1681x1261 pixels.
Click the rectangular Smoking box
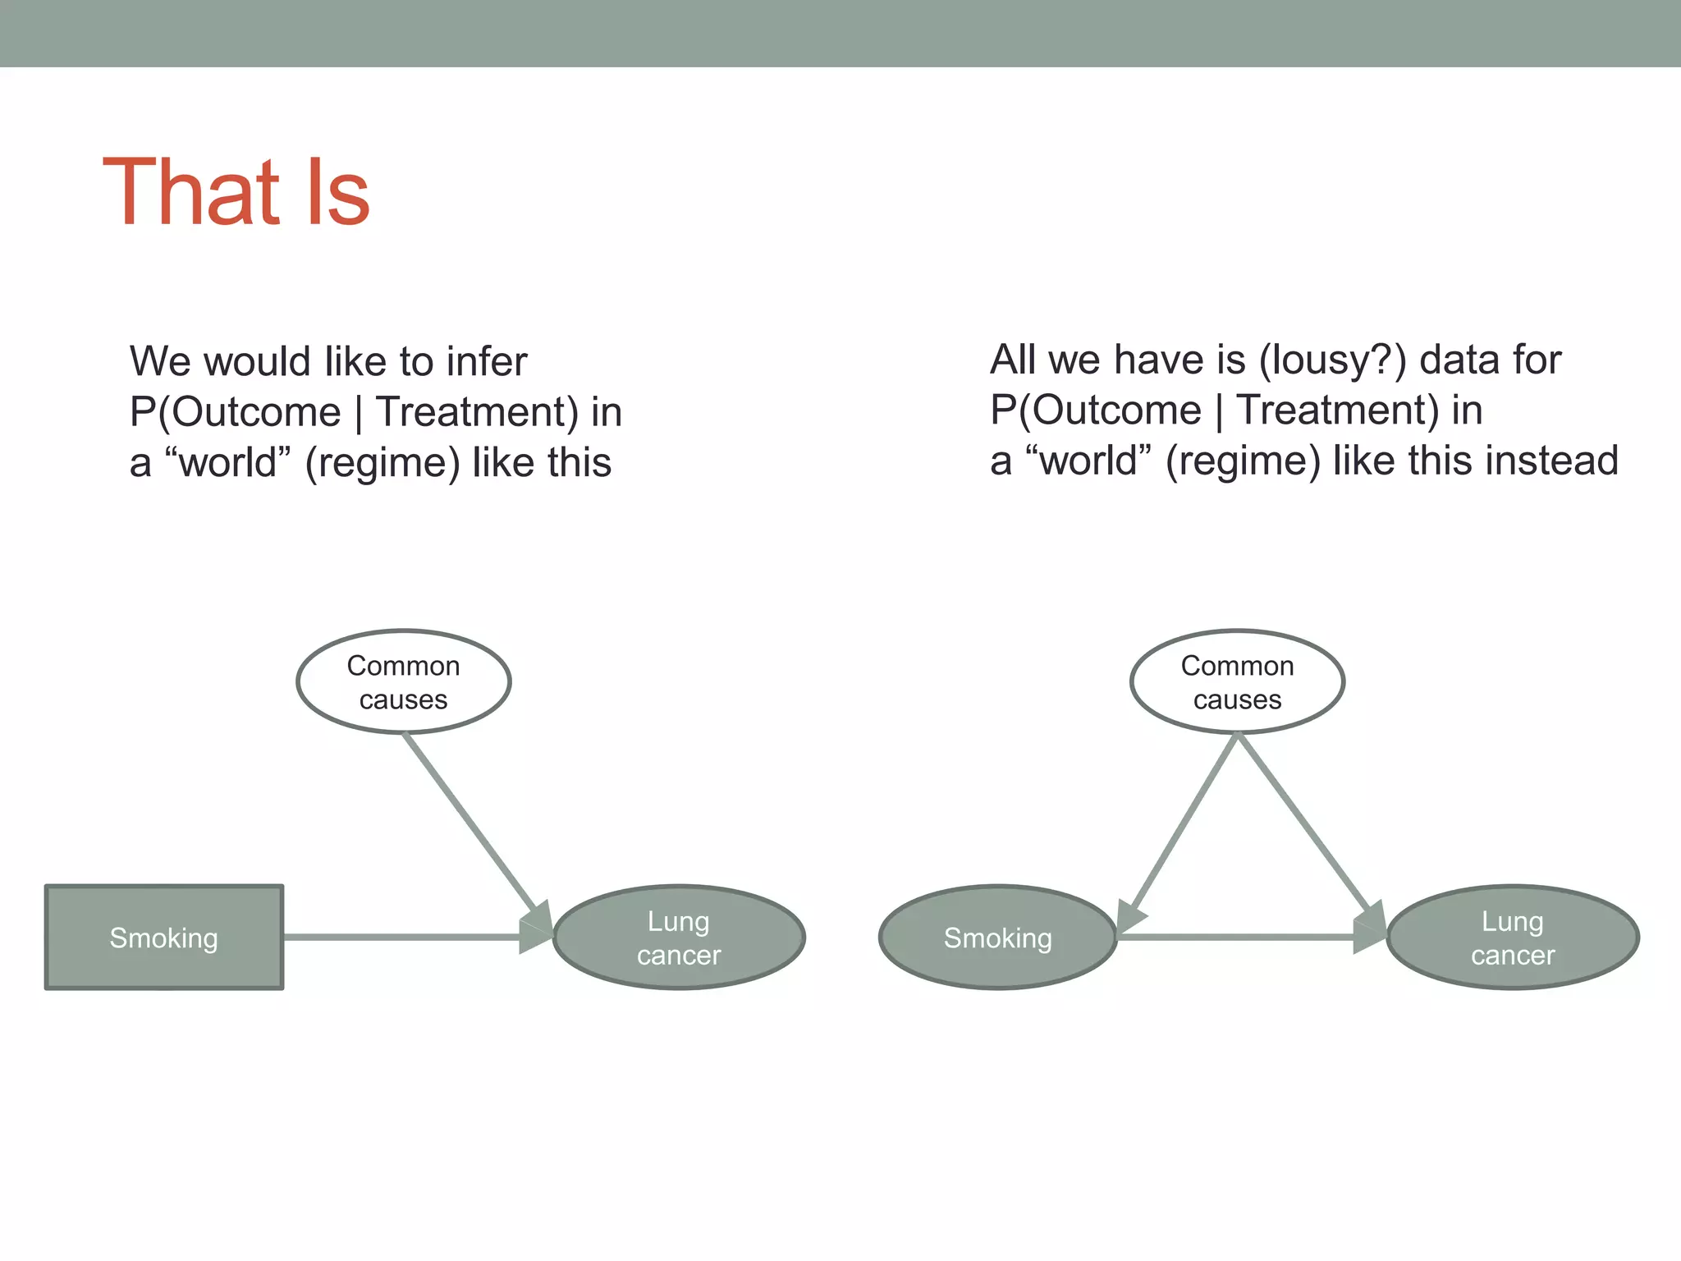click(x=164, y=938)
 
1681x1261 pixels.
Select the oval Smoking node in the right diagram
click(x=997, y=938)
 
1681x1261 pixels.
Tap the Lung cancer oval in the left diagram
click(x=679, y=938)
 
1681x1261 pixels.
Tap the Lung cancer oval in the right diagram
click(x=1513, y=938)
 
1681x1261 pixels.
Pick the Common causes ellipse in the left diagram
click(x=403, y=681)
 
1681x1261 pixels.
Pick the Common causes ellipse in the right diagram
click(x=1237, y=681)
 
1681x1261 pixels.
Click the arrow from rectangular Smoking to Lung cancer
click(x=402, y=937)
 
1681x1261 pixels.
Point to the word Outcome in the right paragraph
click(x=1116, y=410)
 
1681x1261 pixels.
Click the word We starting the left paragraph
click(x=162, y=361)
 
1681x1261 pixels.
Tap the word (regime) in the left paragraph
click(x=382, y=463)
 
